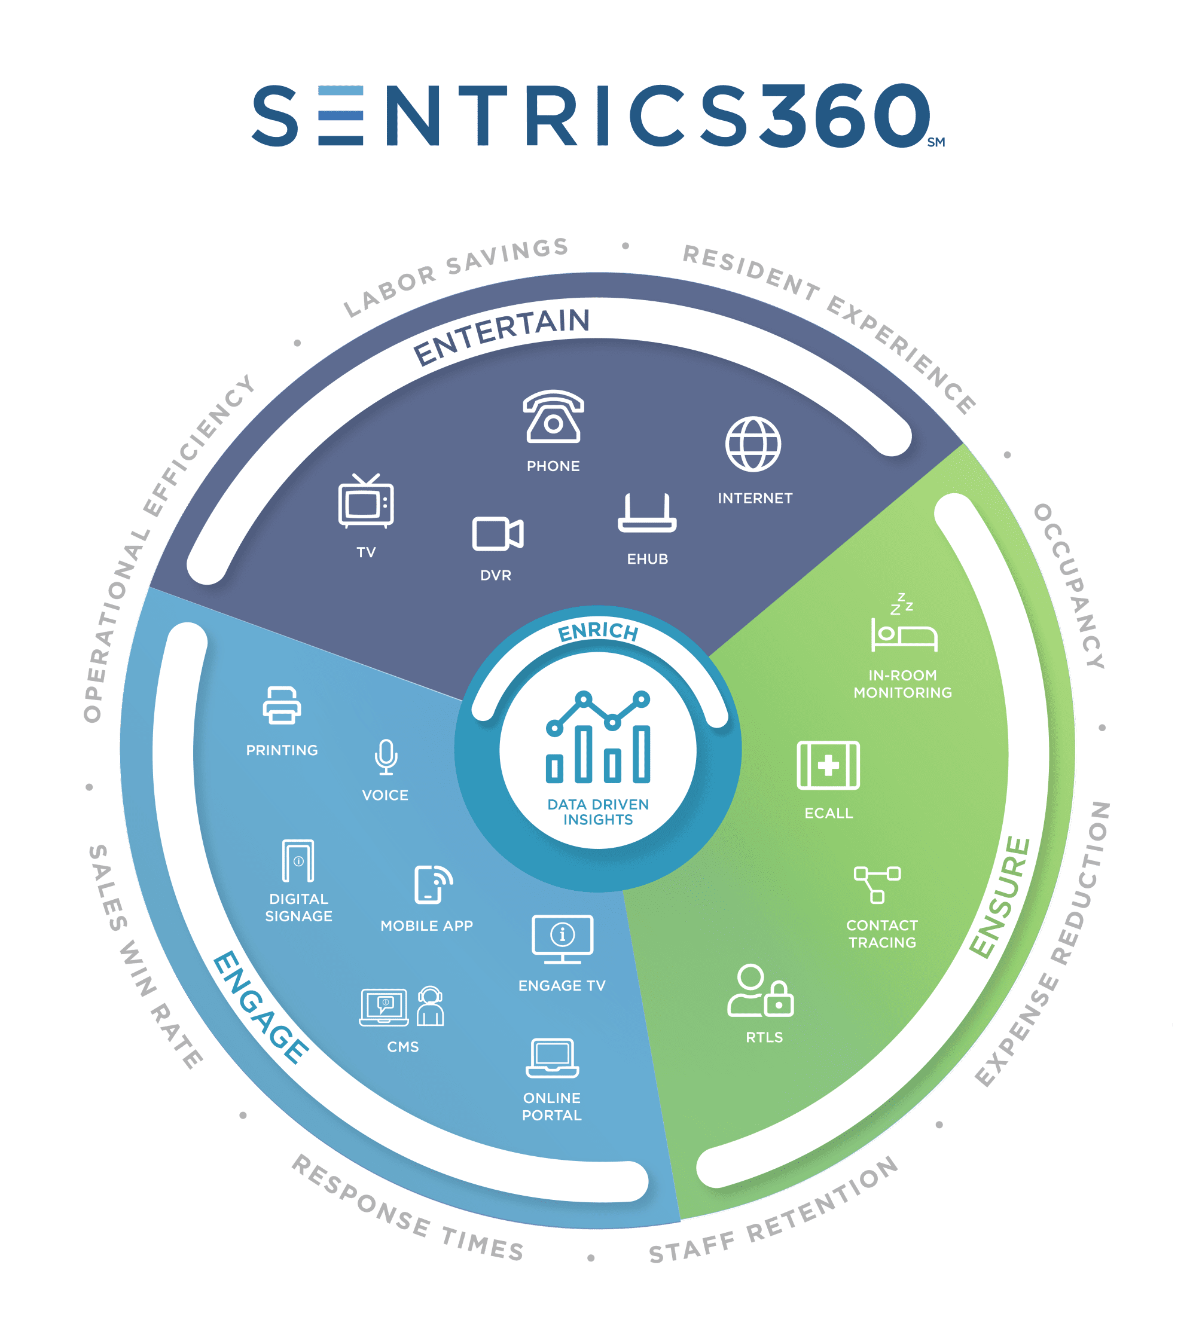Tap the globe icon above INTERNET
tap(753, 444)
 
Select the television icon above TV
tap(366, 500)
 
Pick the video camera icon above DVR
tap(498, 533)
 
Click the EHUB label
tap(647, 559)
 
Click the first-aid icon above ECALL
tap(828, 765)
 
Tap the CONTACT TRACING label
tap(882, 933)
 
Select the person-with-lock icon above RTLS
tap(760, 991)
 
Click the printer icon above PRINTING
tap(282, 705)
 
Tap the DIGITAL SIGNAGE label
tap(298, 907)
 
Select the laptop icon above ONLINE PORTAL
tap(553, 1058)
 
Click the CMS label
tap(403, 1046)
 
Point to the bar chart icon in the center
tap(598, 737)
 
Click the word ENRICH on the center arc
tap(598, 631)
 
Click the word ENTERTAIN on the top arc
tap(501, 335)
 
